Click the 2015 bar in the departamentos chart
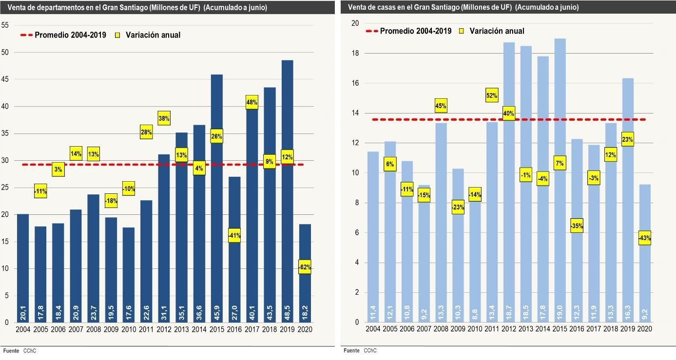tap(217, 199)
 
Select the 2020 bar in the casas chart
tap(645, 253)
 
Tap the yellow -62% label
tap(305, 267)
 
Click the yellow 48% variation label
tap(251, 102)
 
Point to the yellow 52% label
tap(492, 95)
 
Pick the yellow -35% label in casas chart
tap(577, 226)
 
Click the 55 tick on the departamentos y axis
tap(5, 25)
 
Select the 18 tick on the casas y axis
tap(355, 54)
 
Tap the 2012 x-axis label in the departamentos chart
tap(164, 329)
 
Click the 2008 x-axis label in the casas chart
tap(441, 329)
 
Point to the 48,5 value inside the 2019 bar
tap(287, 313)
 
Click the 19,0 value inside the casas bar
tap(560, 313)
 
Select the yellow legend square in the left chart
tap(117, 35)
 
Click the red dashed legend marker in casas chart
tap(371, 31)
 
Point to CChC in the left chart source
tap(30, 351)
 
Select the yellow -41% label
tap(234, 235)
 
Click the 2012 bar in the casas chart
tap(509, 182)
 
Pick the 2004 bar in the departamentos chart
tap(23, 268)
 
